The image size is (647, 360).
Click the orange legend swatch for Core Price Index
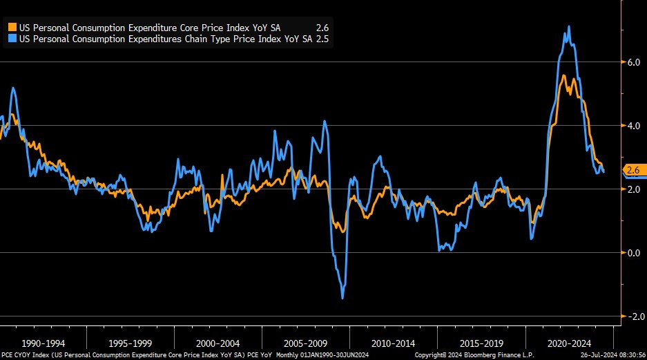point(12,27)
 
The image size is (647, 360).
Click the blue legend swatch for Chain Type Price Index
point(12,39)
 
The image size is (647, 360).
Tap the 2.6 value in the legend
point(322,27)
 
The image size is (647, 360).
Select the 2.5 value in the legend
point(322,39)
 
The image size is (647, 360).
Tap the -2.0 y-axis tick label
point(631,316)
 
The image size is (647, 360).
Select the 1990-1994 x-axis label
point(44,343)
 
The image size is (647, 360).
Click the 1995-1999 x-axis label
point(131,343)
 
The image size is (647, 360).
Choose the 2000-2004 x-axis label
point(218,343)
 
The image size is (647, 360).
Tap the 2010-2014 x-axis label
point(394,343)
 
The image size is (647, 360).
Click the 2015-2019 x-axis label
point(481,343)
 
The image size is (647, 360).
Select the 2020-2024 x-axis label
point(569,343)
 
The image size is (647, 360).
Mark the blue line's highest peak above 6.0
point(568,27)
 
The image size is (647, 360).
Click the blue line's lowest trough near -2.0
point(342,298)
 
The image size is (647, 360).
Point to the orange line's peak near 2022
point(564,75)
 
